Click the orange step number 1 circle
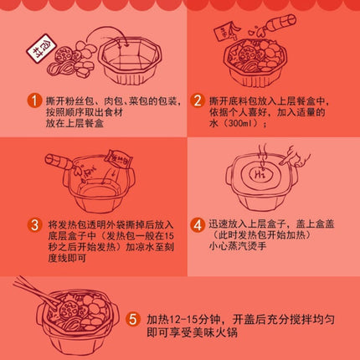click(x=33, y=101)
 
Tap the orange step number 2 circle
click(x=198, y=101)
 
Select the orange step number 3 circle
click(x=33, y=224)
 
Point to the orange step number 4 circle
click(x=198, y=224)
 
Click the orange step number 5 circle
click(x=134, y=320)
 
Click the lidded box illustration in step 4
click(x=265, y=180)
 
